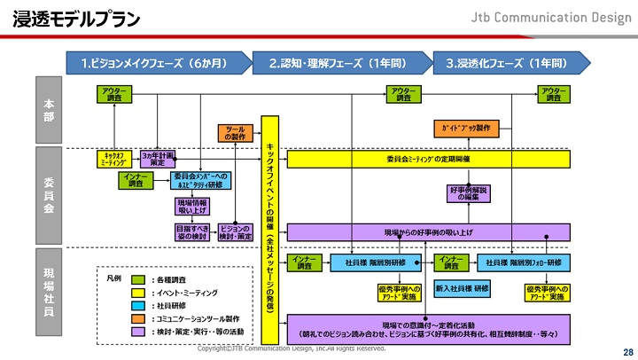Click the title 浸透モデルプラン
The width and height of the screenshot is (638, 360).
coord(74,19)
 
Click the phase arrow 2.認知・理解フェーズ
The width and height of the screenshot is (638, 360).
coord(337,63)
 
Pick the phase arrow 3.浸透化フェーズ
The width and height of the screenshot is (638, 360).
coord(505,63)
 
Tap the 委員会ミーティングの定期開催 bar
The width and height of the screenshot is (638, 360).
coord(427,159)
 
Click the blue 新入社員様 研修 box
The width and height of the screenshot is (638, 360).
coord(463,288)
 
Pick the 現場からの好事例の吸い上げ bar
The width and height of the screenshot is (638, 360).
coord(427,231)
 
